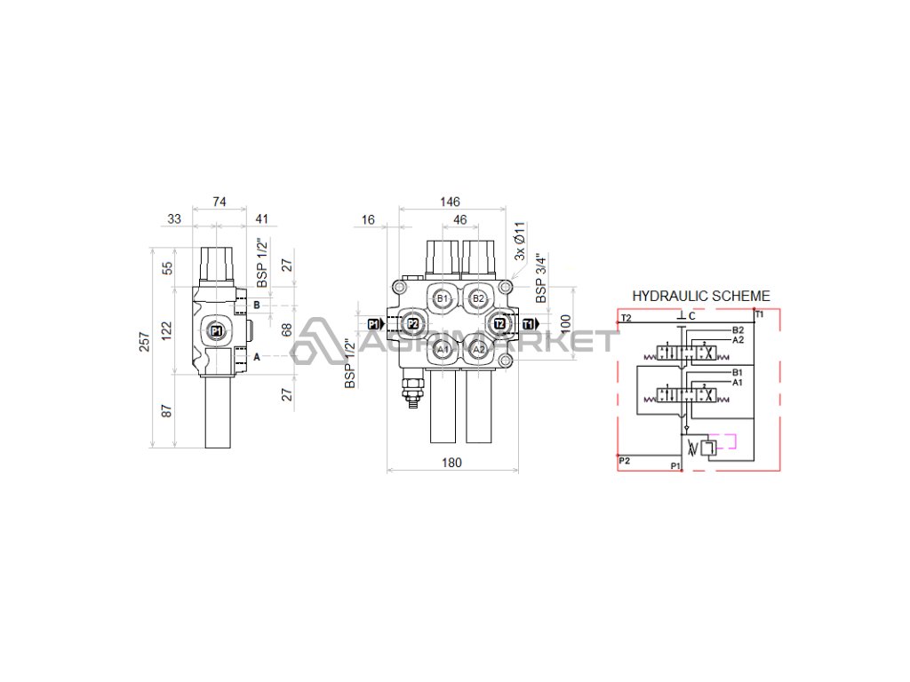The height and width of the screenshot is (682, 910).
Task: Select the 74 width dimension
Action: (x=220, y=202)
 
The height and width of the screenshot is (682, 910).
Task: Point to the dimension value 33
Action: (x=174, y=218)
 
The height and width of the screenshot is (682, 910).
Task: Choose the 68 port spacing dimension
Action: (x=287, y=329)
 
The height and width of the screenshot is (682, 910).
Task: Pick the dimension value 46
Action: (x=459, y=218)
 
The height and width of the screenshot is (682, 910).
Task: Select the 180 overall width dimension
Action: (x=451, y=462)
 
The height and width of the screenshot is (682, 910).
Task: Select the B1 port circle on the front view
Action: (x=443, y=298)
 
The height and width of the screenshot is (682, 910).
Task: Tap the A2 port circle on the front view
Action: (x=479, y=350)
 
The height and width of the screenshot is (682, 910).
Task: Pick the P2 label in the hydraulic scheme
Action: (x=626, y=460)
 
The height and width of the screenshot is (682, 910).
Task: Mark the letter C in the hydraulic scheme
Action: (x=691, y=316)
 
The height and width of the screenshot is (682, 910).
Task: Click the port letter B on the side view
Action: (x=257, y=305)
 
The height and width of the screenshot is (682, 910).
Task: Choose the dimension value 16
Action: (x=369, y=218)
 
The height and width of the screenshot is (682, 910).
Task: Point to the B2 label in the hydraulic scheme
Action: (x=738, y=330)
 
